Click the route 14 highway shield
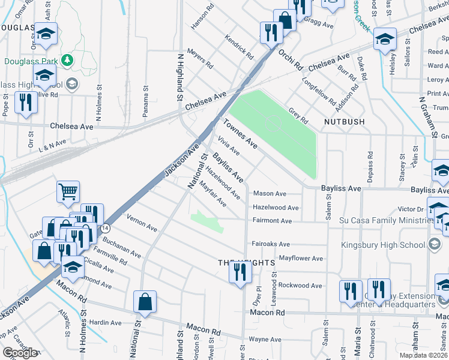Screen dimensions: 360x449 [106, 228]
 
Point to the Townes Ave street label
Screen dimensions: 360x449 [241, 134]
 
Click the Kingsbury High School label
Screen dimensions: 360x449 [383, 244]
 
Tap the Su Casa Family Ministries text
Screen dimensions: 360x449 [383, 221]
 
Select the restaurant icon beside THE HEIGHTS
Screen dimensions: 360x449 [239, 274]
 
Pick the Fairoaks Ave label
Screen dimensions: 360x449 [271, 244]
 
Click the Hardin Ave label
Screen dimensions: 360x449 [106, 323]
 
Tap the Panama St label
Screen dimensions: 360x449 [145, 97]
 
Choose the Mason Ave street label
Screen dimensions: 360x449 [270, 194]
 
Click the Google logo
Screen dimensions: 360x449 [20, 353]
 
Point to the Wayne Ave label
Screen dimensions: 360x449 [265, 339]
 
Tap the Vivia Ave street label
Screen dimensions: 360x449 [229, 145]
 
